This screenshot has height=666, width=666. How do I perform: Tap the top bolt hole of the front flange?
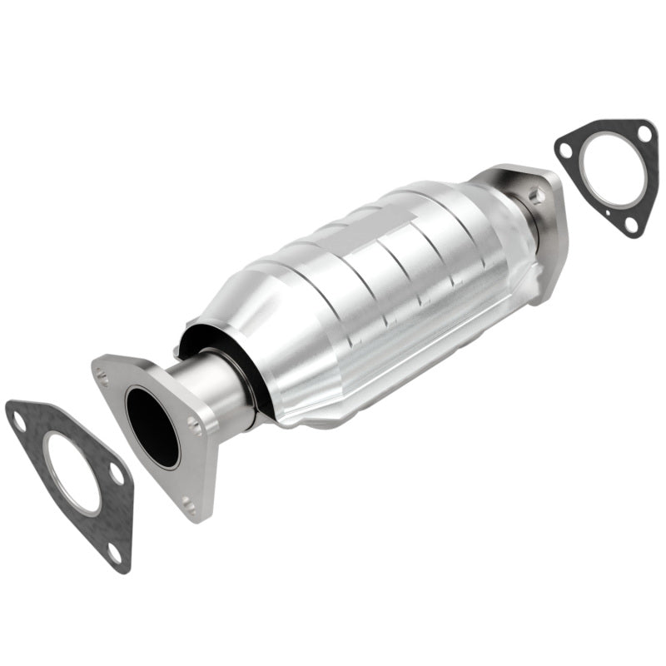tap(102, 377)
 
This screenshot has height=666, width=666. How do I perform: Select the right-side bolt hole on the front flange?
tap(196, 426)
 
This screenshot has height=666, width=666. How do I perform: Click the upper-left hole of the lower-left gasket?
tap(18, 422)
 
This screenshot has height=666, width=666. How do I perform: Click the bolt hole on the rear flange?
tap(535, 197)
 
